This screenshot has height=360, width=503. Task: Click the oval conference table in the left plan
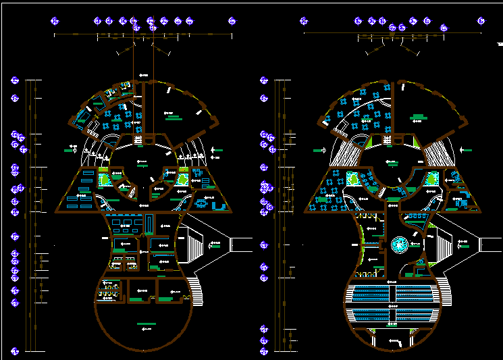[201, 203]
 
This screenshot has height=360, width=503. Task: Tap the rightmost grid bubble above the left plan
[232, 21]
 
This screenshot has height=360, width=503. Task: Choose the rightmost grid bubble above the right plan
[481, 21]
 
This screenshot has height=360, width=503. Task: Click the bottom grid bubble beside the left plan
[14, 351]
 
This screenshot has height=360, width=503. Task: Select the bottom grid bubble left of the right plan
[264, 351]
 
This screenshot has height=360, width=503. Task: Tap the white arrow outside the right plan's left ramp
[319, 149]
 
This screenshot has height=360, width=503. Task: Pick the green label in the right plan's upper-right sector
[419, 119]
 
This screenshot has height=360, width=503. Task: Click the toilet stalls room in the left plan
[107, 290]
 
